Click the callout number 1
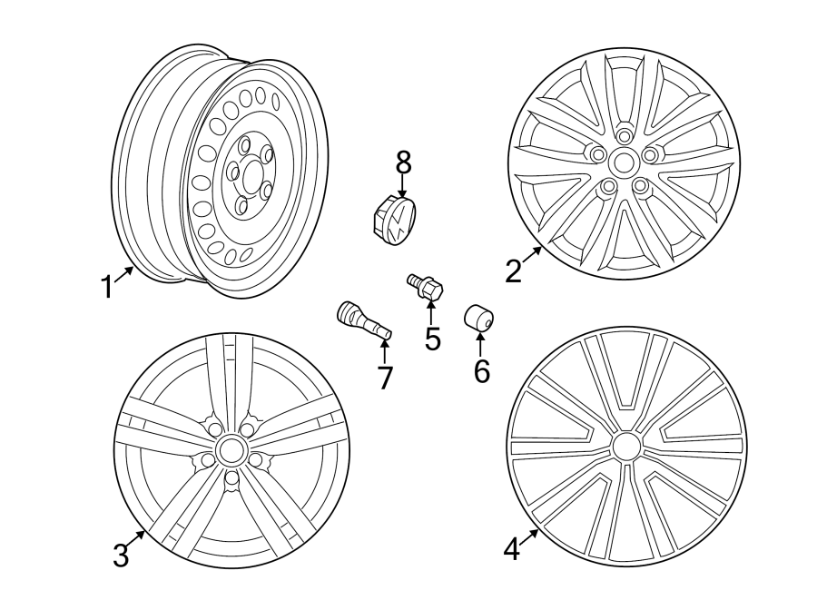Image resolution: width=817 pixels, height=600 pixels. click(107, 287)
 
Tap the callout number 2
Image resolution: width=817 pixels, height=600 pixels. click(514, 270)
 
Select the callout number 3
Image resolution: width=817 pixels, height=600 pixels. click(121, 555)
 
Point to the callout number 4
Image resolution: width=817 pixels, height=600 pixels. click(512, 549)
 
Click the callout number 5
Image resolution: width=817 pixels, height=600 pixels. click(432, 339)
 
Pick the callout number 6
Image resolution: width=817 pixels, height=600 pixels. click(480, 369)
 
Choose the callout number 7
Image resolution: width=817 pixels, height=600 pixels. click(385, 377)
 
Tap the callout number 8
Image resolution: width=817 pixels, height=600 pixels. click(403, 162)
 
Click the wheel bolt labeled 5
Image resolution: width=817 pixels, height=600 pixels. click(425, 288)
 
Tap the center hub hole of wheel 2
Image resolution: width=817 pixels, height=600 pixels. click(624, 163)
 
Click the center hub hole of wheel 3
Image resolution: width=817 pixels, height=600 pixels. click(231, 450)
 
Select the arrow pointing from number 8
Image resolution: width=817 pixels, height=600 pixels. click(403, 184)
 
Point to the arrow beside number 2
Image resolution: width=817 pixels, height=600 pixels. click(533, 254)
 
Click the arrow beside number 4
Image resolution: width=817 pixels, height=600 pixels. click(530, 536)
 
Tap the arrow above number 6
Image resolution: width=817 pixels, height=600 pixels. click(480, 344)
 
